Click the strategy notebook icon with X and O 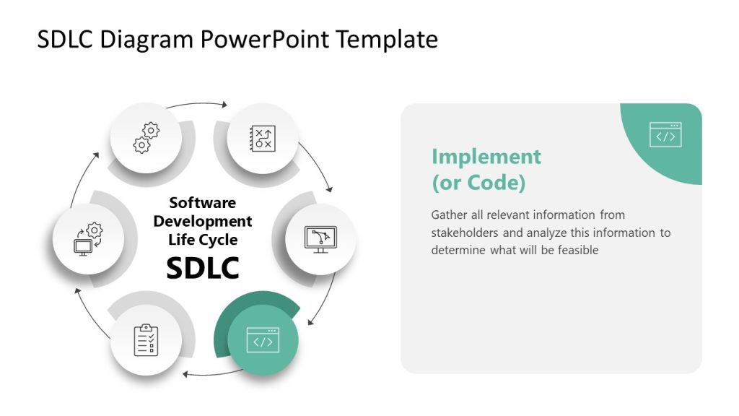pos(263,138)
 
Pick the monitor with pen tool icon pos(321,238)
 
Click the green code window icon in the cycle pos(263,340)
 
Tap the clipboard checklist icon pos(146,340)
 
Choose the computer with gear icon pos(88,238)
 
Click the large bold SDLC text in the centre pos(203,268)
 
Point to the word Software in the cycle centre pos(203,203)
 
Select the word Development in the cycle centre pos(203,221)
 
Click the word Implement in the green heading pos(486,157)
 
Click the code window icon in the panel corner pos(665,135)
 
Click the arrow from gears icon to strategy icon pos(196,105)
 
